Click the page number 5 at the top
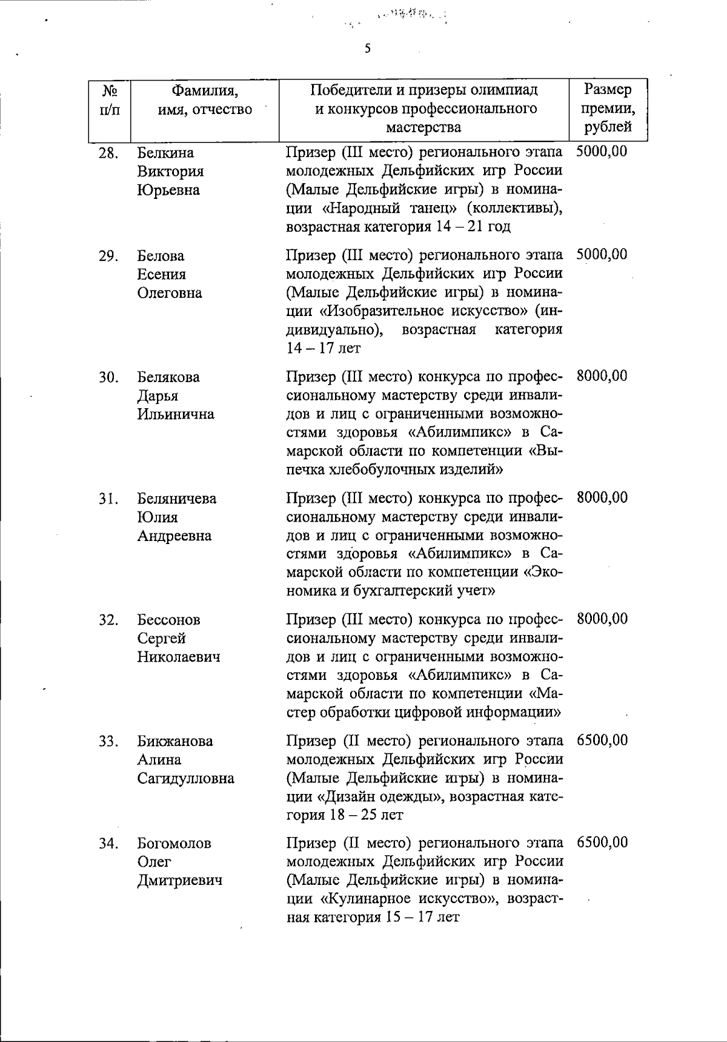367,49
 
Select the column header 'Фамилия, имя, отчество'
205,100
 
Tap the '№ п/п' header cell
109,100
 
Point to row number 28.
108,153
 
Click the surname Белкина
165,153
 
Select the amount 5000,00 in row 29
602,254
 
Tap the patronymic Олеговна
170,293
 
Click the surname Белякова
168,377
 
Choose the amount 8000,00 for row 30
602,376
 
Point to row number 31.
108,499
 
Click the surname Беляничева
177,499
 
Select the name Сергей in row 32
161,638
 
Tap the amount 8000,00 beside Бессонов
602,619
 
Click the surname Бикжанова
175,741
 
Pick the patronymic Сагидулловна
185,778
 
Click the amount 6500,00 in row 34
602,842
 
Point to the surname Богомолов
174,844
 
